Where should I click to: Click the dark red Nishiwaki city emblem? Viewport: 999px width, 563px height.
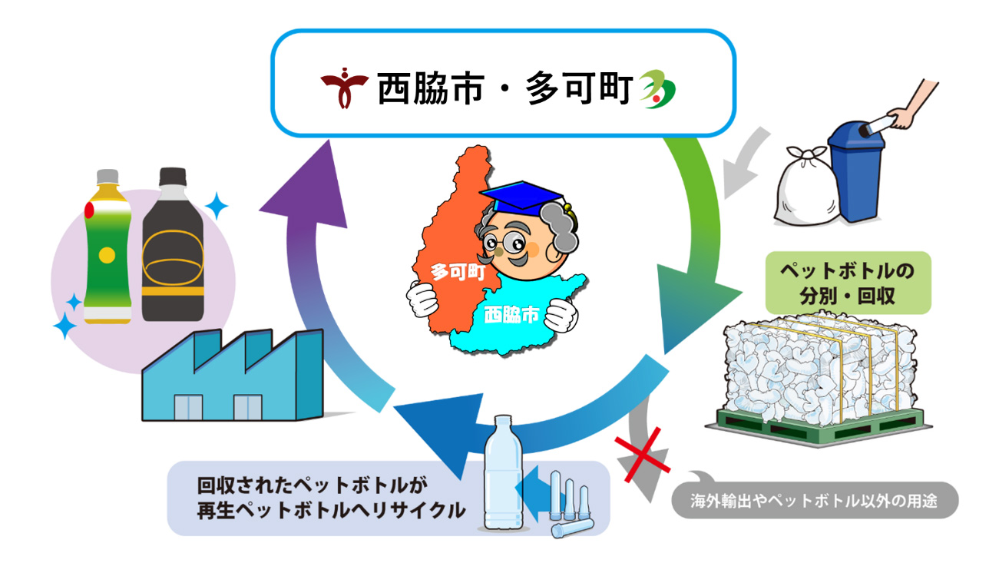pyautogui.click(x=344, y=88)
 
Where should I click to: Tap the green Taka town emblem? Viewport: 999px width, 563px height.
pyautogui.click(x=657, y=89)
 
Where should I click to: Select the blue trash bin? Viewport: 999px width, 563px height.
pyautogui.click(x=856, y=172)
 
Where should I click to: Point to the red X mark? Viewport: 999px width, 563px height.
pyautogui.click(x=642, y=455)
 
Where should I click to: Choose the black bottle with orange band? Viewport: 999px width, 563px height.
pyautogui.click(x=173, y=244)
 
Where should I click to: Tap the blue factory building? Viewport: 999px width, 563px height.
pyautogui.click(x=233, y=375)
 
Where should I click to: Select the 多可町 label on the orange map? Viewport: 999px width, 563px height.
pyautogui.click(x=458, y=271)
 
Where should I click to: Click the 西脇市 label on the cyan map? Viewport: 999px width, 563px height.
pyautogui.click(x=511, y=314)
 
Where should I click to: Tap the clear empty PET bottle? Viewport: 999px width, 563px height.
pyautogui.click(x=503, y=472)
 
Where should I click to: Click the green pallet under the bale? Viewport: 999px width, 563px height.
pyautogui.click(x=819, y=427)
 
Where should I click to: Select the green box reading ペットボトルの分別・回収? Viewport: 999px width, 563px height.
pyautogui.click(x=848, y=283)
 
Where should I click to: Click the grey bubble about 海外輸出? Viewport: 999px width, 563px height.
pyautogui.click(x=815, y=499)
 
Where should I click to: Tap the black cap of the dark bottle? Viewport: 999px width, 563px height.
pyautogui.click(x=173, y=177)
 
